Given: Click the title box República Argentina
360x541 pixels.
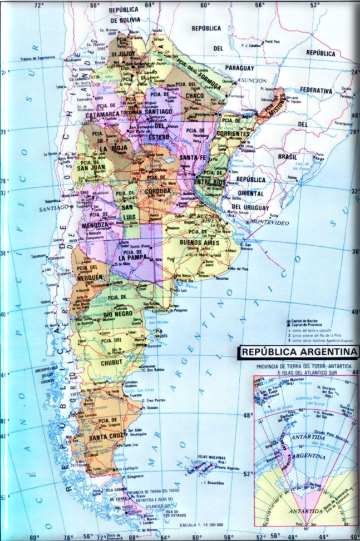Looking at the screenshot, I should click(299, 352).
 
